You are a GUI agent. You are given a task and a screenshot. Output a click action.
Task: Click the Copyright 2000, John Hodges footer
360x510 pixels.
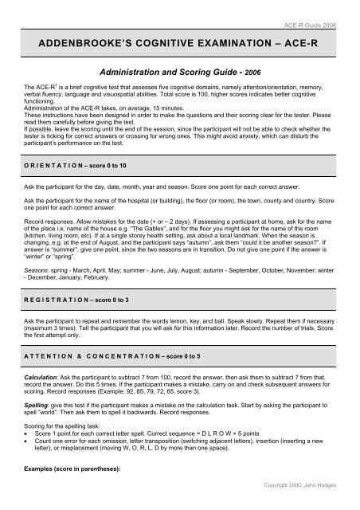pyautogui.click(x=315, y=504)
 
